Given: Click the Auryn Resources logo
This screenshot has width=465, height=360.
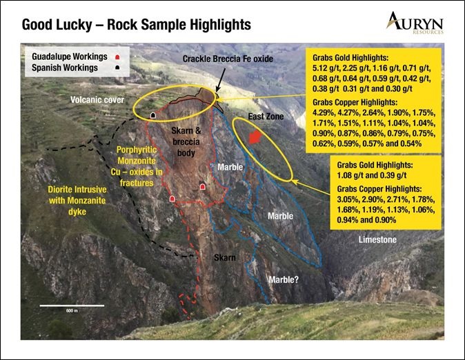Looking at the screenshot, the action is pos(415,23).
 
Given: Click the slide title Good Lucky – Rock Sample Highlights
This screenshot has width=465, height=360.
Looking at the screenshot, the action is pos(137,25).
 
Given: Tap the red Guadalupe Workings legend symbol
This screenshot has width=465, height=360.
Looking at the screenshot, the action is pos(117,57).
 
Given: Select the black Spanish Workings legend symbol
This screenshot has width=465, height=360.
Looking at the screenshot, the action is pos(117,68).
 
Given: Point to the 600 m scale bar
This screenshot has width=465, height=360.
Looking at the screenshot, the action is pos(72,306).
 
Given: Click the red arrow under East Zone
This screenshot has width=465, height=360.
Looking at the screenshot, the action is pos(255,137).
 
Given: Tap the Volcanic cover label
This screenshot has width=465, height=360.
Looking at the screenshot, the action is pos(97,99).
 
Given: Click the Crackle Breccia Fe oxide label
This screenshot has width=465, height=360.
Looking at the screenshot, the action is pos(228,59).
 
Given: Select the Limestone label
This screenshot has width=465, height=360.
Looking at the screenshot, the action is pos(377,239).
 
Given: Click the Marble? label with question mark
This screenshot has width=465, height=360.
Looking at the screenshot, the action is pos(284,279).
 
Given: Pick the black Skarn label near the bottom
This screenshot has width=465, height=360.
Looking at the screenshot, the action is pos(225,258).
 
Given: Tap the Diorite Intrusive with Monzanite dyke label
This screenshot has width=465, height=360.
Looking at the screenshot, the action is pos(77,201).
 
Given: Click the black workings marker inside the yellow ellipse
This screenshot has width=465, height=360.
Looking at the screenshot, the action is pos(153,115).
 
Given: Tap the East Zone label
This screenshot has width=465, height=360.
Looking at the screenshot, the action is pos(266,117).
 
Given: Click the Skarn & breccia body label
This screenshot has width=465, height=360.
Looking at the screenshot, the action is pos(186,142).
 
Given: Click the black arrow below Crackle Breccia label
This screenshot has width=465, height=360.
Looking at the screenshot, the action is pos(220,79).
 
